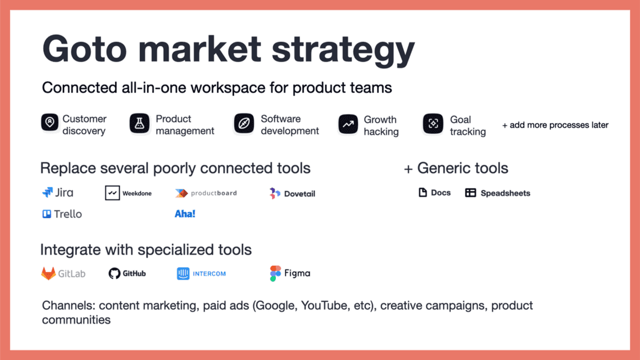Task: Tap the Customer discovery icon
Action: (50, 123)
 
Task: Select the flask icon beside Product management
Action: (139, 123)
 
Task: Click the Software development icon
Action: (244, 123)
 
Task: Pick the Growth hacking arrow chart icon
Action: (348, 124)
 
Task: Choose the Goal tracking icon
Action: (433, 124)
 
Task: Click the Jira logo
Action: (58, 193)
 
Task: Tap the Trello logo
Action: (62, 214)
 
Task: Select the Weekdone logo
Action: (128, 193)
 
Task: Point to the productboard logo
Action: (206, 193)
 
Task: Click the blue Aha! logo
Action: (185, 214)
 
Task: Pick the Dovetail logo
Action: (292, 193)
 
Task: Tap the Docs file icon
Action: (423, 193)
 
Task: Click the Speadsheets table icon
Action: (471, 193)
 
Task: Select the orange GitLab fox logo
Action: (48, 273)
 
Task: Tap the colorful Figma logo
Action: (275, 273)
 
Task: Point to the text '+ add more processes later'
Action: (555, 124)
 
